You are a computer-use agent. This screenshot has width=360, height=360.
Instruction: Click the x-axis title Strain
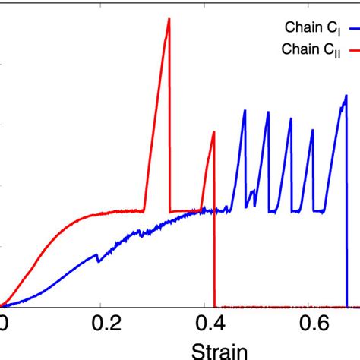(x=214, y=351)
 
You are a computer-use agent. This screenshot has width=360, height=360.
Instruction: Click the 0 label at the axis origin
(x=4, y=324)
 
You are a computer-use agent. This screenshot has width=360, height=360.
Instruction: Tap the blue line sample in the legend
(x=353, y=28)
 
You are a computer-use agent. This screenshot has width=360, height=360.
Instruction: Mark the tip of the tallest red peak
(x=169, y=19)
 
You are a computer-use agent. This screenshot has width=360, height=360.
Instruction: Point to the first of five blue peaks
(x=245, y=111)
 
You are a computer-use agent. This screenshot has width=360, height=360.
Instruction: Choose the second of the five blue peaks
(x=268, y=112)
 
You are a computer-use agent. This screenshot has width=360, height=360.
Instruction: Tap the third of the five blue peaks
(x=291, y=119)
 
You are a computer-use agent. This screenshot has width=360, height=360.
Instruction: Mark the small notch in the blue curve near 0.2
(x=97, y=257)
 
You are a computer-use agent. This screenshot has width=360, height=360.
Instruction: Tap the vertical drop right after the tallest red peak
(x=170, y=114)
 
